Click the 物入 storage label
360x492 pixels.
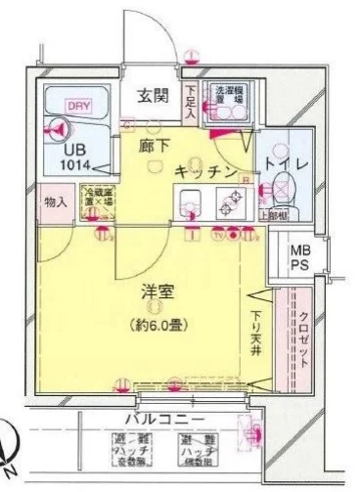coord(56,203)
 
